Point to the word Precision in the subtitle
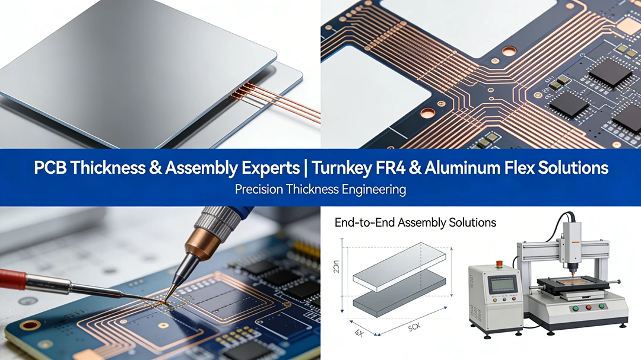click(260, 190)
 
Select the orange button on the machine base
click(587, 307)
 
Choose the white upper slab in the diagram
click(399, 266)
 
